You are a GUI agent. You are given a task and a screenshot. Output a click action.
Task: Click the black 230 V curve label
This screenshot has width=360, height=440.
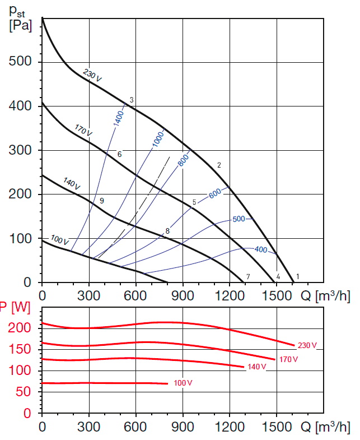tap(92, 75)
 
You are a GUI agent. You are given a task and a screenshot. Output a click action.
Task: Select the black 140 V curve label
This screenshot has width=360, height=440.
tap(72, 183)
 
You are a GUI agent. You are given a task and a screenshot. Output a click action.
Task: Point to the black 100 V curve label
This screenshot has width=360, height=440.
tap(60, 240)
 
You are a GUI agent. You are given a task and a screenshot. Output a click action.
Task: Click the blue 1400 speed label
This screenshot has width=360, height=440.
tap(119, 118)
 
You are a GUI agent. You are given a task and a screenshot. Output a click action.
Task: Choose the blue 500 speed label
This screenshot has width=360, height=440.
tap(239, 219)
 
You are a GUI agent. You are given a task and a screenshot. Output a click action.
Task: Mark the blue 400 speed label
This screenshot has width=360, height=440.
tap(261, 249)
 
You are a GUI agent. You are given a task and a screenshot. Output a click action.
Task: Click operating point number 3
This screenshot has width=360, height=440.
tap(132, 100)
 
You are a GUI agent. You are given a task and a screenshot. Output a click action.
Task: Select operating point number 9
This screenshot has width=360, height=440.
tap(101, 201)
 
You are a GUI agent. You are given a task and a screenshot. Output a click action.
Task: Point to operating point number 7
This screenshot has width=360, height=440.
tap(247, 276)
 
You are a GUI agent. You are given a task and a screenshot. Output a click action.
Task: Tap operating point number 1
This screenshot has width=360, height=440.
tap(298, 276)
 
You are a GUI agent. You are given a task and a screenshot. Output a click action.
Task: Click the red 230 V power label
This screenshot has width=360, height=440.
tap(307, 346)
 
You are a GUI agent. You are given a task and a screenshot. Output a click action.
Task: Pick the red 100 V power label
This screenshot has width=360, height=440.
tap(183, 383)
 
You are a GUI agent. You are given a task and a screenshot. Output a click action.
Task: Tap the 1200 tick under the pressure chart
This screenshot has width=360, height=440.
tap(230, 293)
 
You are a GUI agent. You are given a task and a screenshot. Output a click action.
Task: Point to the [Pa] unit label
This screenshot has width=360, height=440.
tap(21, 25)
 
